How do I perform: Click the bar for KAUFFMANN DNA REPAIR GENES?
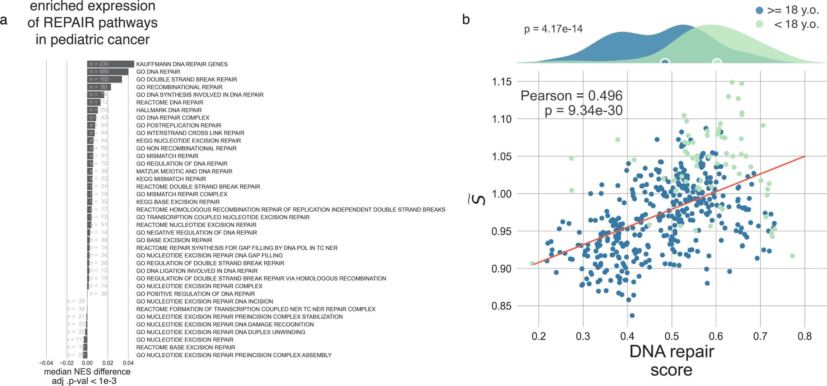point(110,64)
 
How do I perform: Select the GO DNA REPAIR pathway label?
point(158,72)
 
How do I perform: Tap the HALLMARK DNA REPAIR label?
point(169,110)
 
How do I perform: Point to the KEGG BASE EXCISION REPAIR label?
point(178,202)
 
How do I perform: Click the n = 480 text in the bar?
point(99,72)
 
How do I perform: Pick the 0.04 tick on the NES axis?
point(128,363)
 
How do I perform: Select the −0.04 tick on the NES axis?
point(46,363)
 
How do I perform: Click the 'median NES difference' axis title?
point(87,372)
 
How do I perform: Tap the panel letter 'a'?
point(4,20)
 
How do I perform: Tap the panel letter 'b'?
point(466,20)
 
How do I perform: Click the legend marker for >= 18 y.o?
point(760,10)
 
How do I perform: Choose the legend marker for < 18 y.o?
point(760,24)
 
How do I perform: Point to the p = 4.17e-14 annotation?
point(553,29)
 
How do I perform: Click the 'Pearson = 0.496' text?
point(571,95)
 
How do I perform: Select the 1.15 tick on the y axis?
point(501,82)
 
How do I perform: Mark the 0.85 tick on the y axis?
point(501,306)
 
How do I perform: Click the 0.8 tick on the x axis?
point(804,337)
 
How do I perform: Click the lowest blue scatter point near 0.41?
point(632,315)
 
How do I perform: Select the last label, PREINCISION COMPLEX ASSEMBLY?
point(234,355)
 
